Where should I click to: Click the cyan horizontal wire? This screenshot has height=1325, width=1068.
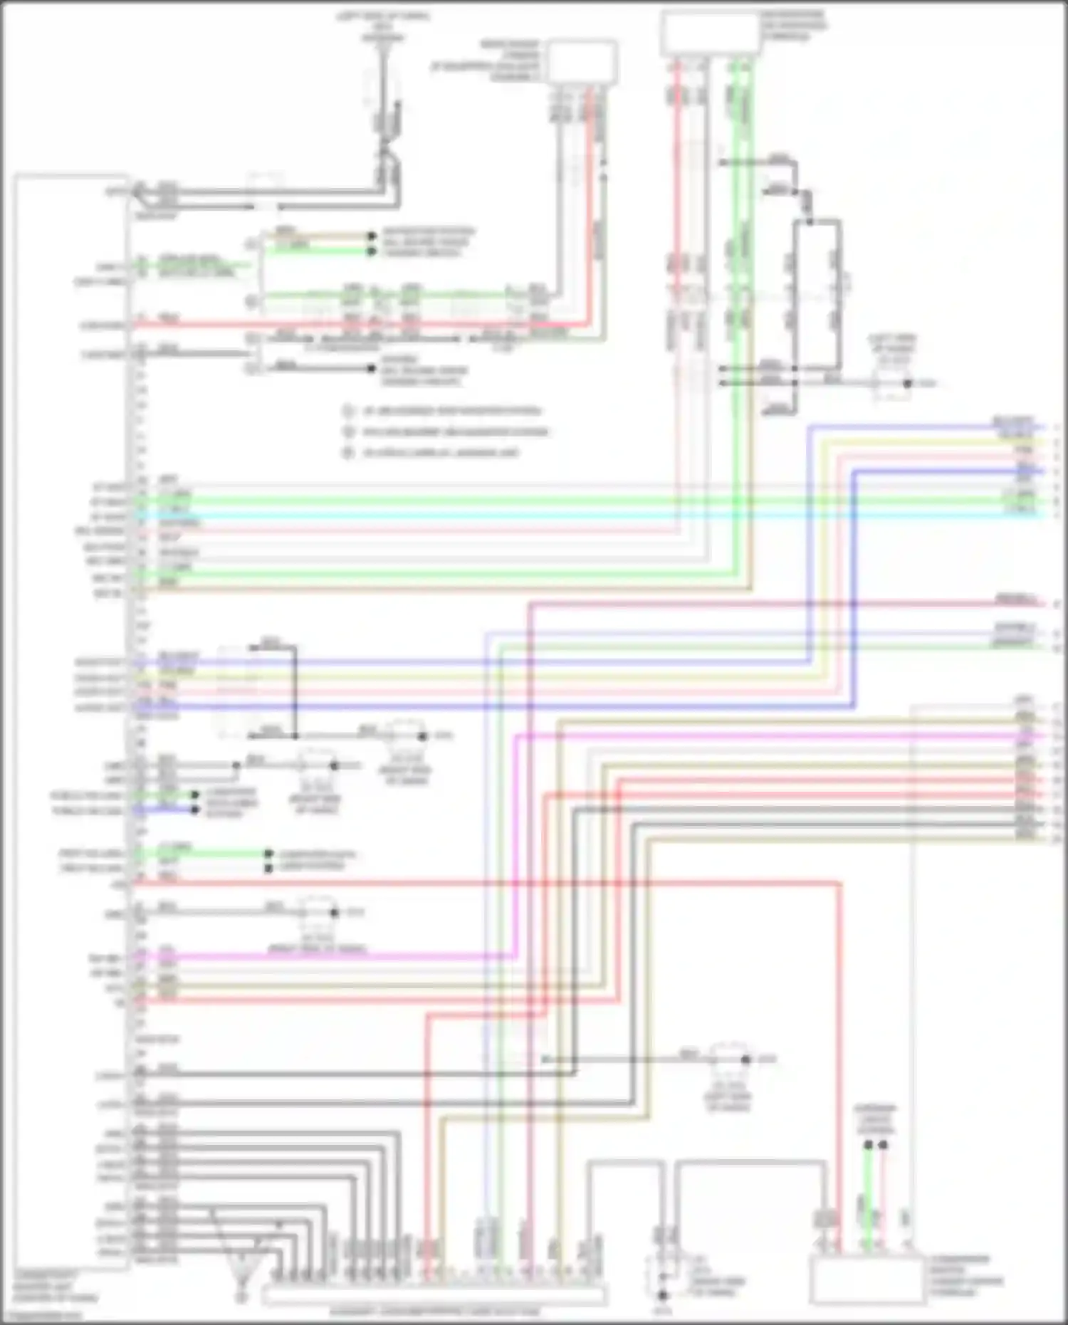point(570,515)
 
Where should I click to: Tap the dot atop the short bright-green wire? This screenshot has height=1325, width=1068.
point(869,1146)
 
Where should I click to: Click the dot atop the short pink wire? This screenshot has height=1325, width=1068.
point(884,1146)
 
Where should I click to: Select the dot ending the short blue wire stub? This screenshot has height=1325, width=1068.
point(194,810)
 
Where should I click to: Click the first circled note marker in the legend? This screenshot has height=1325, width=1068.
point(347,411)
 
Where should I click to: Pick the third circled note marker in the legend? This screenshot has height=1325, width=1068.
point(347,453)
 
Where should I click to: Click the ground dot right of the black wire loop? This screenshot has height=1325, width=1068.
point(907,384)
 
